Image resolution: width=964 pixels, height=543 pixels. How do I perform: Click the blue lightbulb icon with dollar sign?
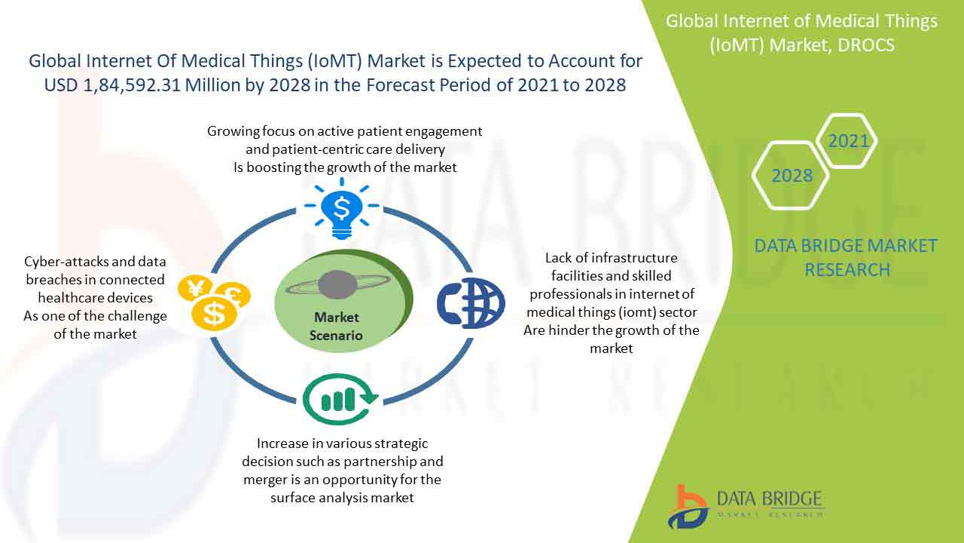(x=341, y=209)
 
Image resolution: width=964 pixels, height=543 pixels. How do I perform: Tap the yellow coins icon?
(x=214, y=302)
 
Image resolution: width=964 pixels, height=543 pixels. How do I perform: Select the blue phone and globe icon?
(x=471, y=303)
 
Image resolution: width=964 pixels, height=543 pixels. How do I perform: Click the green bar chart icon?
(x=340, y=399)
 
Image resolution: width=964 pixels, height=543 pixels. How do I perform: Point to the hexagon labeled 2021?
(x=847, y=141)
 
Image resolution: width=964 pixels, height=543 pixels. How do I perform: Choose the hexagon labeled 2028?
(x=791, y=176)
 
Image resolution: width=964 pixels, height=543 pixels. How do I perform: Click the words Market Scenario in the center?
(x=336, y=327)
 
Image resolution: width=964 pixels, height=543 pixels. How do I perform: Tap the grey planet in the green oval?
(x=337, y=284)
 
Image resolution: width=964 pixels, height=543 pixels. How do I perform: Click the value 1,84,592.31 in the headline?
(x=131, y=85)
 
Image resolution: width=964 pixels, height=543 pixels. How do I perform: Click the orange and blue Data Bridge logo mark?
(x=688, y=508)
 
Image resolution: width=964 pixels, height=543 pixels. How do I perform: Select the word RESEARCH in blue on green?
(x=847, y=270)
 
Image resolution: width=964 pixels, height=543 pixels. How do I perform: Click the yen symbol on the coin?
(x=194, y=287)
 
